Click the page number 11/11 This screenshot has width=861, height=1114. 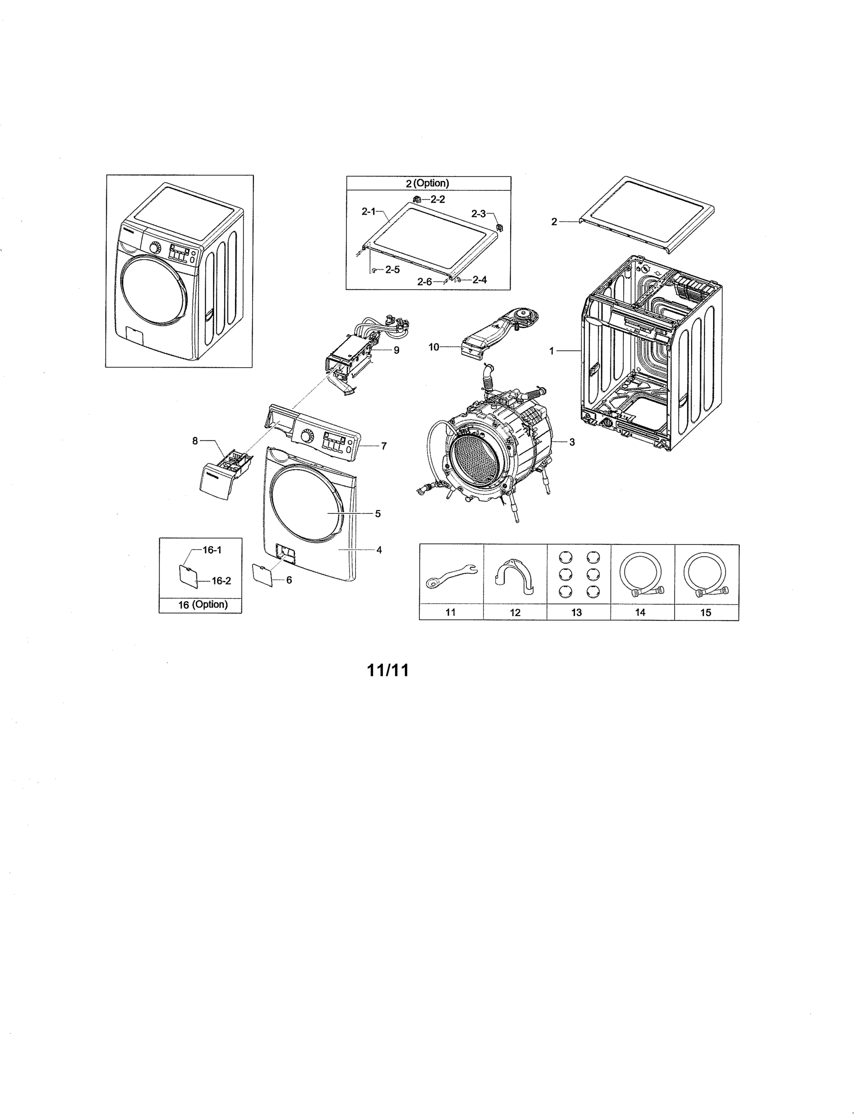click(x=388, y=670)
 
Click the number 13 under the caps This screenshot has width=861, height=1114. click(x=576, y=612)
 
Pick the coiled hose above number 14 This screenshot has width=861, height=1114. click(x=641, y=574)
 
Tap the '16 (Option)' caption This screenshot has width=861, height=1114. click(x=202, y=604)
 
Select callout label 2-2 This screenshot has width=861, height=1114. click(x=437, y=200)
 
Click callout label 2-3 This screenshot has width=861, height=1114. click(x=478, y=214)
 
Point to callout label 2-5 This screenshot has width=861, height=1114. click(x=392, y=270)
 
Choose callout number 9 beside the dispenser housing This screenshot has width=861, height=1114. click(x=396, y=350)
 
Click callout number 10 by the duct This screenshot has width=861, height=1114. click(x=434, y=347)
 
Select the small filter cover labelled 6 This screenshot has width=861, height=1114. click(x=263, y=575)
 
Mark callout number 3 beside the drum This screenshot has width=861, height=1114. click(x=572, y=442)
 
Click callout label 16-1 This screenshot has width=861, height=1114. click(x=212, y=550)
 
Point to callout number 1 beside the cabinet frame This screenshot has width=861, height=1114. click(x=551, y=351)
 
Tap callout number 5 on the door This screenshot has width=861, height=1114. click(x=377, y=514)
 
